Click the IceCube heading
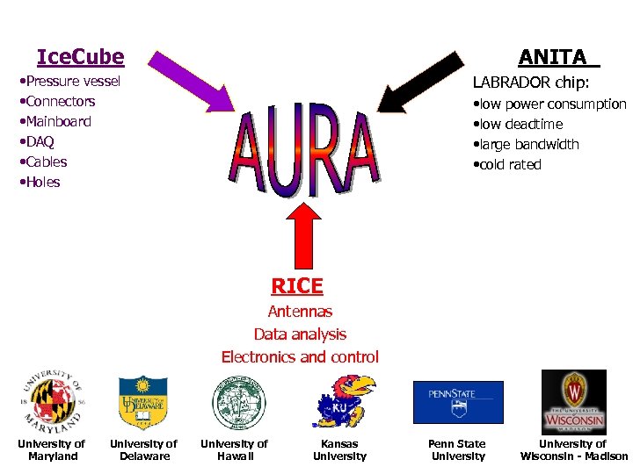(80, 58)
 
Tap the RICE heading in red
(297, 286)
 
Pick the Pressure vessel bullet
(70, 82)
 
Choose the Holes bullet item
(40, 183)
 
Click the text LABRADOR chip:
(531, 83)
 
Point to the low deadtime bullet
(519, 125)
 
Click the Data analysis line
(300, 334)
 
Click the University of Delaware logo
(142, 402)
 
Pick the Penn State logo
(458, 402)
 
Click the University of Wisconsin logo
(573, 401)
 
